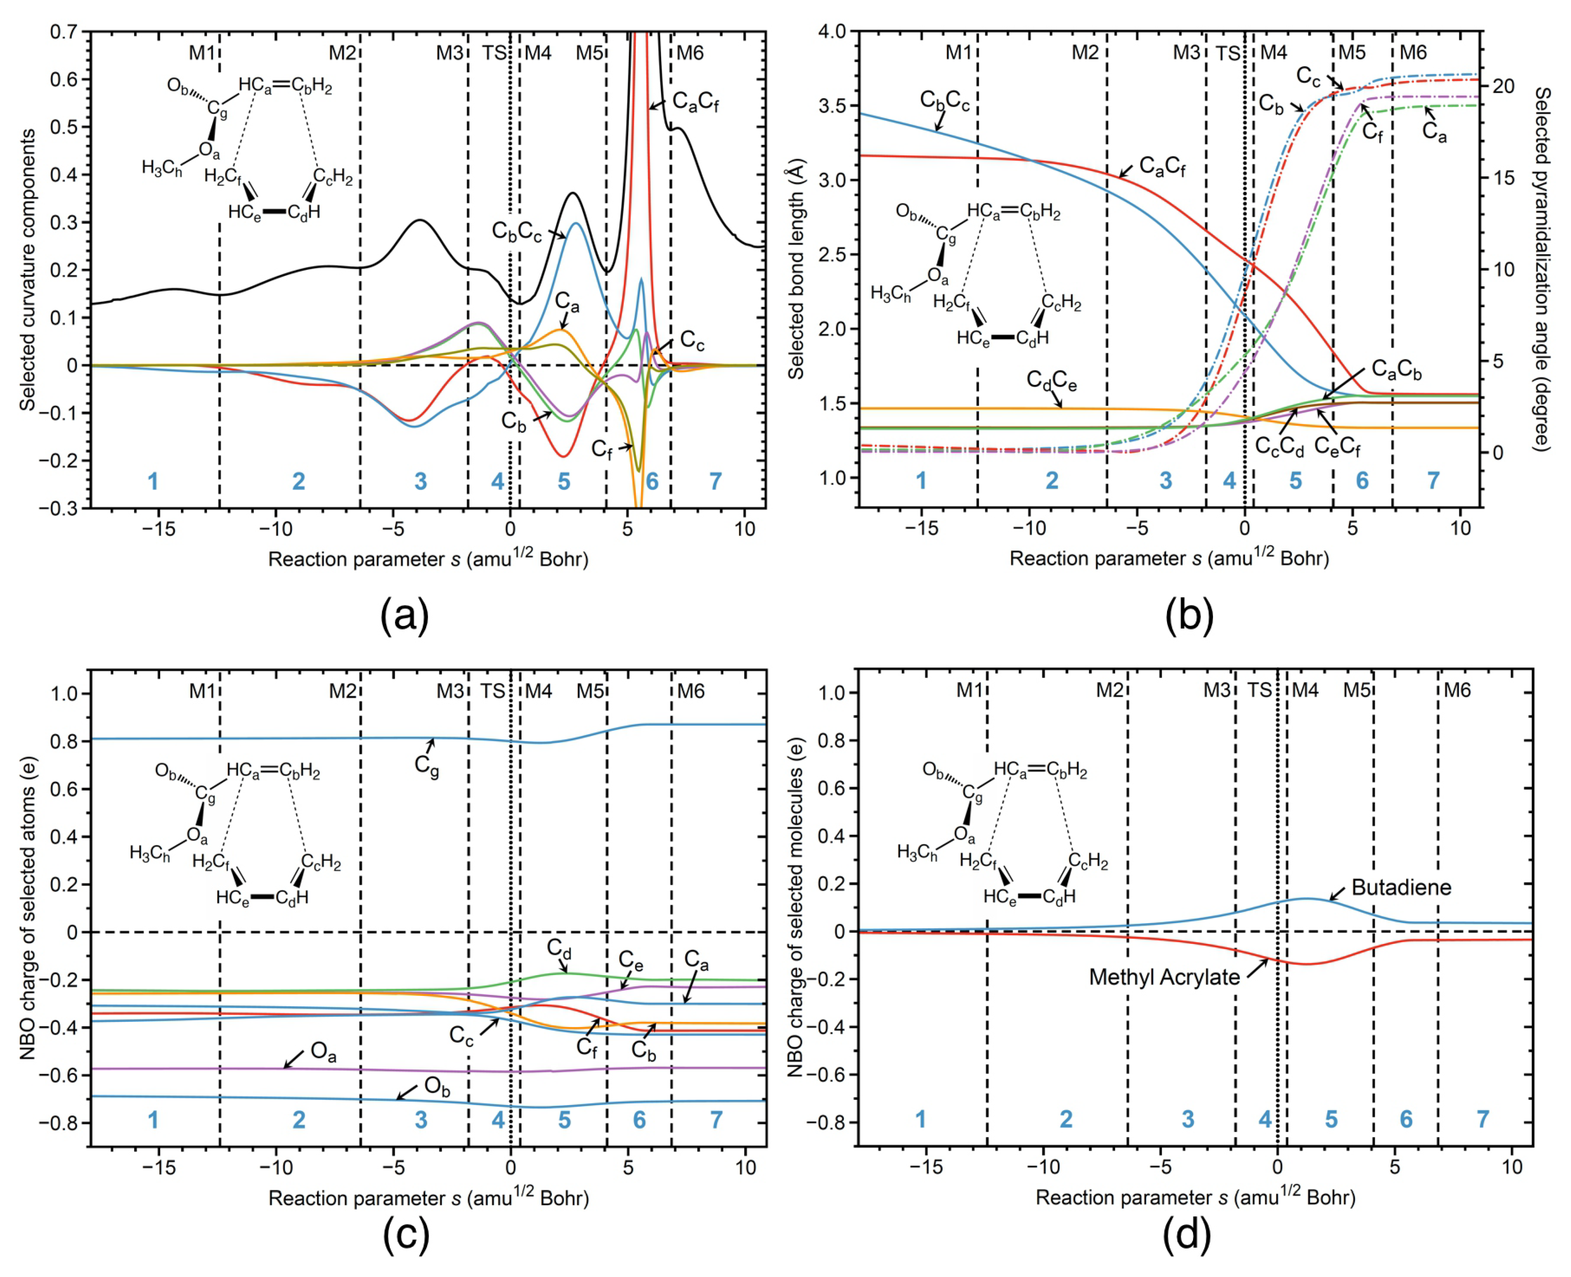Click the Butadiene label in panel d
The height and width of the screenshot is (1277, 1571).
point(1400,888)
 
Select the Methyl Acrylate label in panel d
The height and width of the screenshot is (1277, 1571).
point(1164,977)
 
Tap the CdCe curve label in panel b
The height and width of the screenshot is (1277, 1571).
point(1052,381)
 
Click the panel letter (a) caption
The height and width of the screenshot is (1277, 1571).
point(404,615)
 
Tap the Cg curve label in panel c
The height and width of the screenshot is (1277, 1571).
point(427,765)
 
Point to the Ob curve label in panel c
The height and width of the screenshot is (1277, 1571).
point(437,1087)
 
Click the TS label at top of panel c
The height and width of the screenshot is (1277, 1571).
point(493,692)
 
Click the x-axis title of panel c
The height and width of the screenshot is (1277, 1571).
point(428,1198)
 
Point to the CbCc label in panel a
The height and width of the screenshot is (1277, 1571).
point(516,231)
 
